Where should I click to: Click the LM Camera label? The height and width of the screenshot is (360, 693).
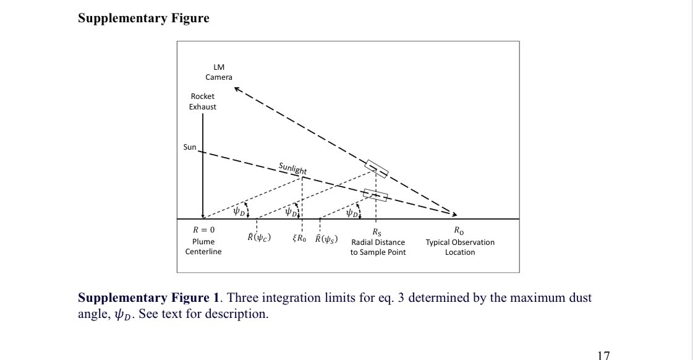[219, 72]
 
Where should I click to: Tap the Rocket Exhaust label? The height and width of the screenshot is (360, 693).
[203, 101]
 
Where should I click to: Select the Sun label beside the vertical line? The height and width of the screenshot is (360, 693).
[190, 147]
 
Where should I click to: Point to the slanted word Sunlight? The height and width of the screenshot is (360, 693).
[292, 168]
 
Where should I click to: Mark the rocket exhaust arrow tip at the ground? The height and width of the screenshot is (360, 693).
[203, 216]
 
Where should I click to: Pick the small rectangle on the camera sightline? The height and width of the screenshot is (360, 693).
[376, 168]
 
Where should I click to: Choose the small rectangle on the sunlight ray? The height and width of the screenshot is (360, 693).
[375, 195]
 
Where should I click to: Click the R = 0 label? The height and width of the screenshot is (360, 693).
[203, 231]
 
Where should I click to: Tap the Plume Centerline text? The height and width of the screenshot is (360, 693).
[203, 247]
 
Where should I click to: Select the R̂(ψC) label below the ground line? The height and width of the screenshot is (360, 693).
[259, 238]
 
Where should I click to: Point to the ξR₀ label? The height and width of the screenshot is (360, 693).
[299, 239]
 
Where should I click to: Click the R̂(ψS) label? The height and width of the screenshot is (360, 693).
[326, 239]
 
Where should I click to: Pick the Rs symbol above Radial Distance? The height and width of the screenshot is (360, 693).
[377, 233]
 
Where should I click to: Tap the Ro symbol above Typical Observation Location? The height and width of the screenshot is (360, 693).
[459, 232]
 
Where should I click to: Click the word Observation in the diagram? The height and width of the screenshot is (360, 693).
[474, 242]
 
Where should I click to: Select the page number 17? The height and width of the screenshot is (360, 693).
[604, 355]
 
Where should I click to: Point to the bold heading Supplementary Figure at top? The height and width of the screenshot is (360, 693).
[143, 18]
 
